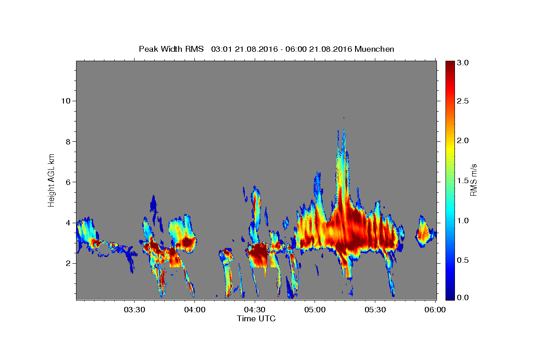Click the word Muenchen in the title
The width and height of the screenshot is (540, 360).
coord(374,49)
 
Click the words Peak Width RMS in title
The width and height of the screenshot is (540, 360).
coord(171,49)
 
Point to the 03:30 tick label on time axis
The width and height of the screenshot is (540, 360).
coord(135,310)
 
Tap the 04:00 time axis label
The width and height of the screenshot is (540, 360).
coord(195,310)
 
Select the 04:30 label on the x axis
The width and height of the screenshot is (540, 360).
coord(255,310)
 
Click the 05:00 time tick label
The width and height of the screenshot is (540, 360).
coord(315,310)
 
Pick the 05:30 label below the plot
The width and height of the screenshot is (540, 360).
coord(375,310)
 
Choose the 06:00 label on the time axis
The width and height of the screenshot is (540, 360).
coord(435,310)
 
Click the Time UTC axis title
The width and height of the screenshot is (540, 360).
coord(256,319)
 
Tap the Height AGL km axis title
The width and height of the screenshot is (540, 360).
coord(51,180)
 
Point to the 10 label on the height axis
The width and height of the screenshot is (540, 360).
coord(66,101)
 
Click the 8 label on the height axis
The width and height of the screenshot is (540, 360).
coord(68,142)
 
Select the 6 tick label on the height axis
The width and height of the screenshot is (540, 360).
coord(68,182)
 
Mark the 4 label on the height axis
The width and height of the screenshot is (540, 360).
coord(68,223)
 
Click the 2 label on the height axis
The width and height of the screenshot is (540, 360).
coord(68,263)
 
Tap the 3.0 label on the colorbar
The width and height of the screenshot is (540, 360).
coord(463,63)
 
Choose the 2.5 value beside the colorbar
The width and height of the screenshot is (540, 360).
coord(463,101)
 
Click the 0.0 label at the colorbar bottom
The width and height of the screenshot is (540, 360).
coord(463,297)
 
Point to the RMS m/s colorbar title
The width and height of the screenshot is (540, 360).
coord(473,180)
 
